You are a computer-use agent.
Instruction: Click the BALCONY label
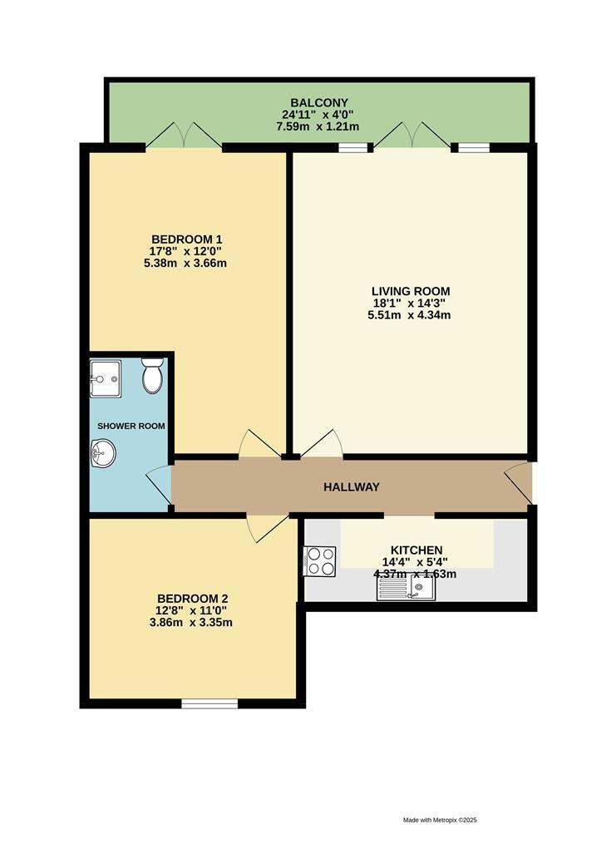319,102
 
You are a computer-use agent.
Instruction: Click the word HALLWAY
351,486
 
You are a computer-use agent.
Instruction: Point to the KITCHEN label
416,550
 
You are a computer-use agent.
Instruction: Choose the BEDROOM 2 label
192,598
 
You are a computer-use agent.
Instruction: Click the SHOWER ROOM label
131,426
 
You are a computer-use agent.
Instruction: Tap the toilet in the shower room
152,376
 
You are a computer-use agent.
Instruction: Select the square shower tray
106,379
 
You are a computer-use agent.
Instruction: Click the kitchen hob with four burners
321,560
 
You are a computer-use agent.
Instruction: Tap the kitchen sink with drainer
405,589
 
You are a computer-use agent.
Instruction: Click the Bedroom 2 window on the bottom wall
209,703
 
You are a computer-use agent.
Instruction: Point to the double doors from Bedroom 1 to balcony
184,135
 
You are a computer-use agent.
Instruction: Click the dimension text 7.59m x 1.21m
319,126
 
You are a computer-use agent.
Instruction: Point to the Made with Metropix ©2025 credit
440,820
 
